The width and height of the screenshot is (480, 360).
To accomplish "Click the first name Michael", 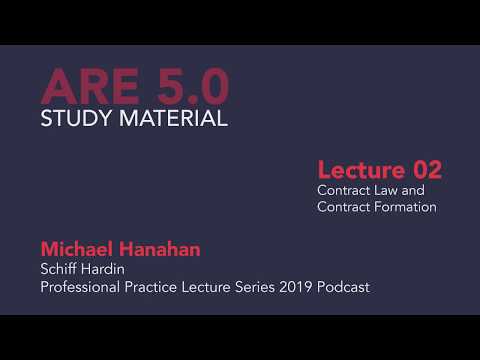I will (79, 247).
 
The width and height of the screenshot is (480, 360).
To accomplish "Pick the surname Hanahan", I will (163, 247).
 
